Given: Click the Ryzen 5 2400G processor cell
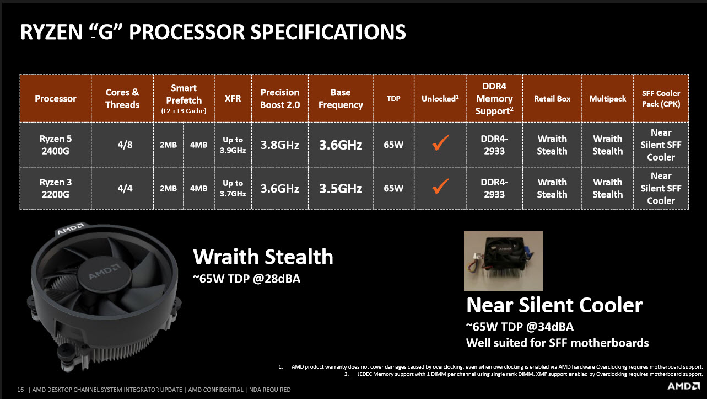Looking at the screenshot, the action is coord(56,145).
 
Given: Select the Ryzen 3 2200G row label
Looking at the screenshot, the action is coord(56,188).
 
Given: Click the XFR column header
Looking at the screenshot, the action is coord(233,99).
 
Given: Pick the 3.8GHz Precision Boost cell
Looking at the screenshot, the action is coord(279,145).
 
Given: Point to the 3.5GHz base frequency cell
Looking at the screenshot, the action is coord(341,188).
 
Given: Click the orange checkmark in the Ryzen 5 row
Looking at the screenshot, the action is coord(440,143).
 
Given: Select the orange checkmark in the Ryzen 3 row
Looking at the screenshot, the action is coord(440,186).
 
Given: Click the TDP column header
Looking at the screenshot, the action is coord(393,99).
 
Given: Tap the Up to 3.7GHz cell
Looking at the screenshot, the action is coord(233,188).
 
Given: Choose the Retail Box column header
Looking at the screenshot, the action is coord(552,99).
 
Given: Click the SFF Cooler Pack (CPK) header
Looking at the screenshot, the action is coord(661,99).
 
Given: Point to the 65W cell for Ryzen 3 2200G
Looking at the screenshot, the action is coord(393,188).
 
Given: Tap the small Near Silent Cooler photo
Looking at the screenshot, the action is coord(503,260).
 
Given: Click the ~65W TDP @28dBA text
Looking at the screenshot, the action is coord(246,279).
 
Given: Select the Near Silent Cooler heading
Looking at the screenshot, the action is coord(554,305).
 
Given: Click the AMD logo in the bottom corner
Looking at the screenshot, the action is coord(683,386).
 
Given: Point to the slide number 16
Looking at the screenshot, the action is coord(20,390).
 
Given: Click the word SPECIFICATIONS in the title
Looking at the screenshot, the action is coord(328,32).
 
